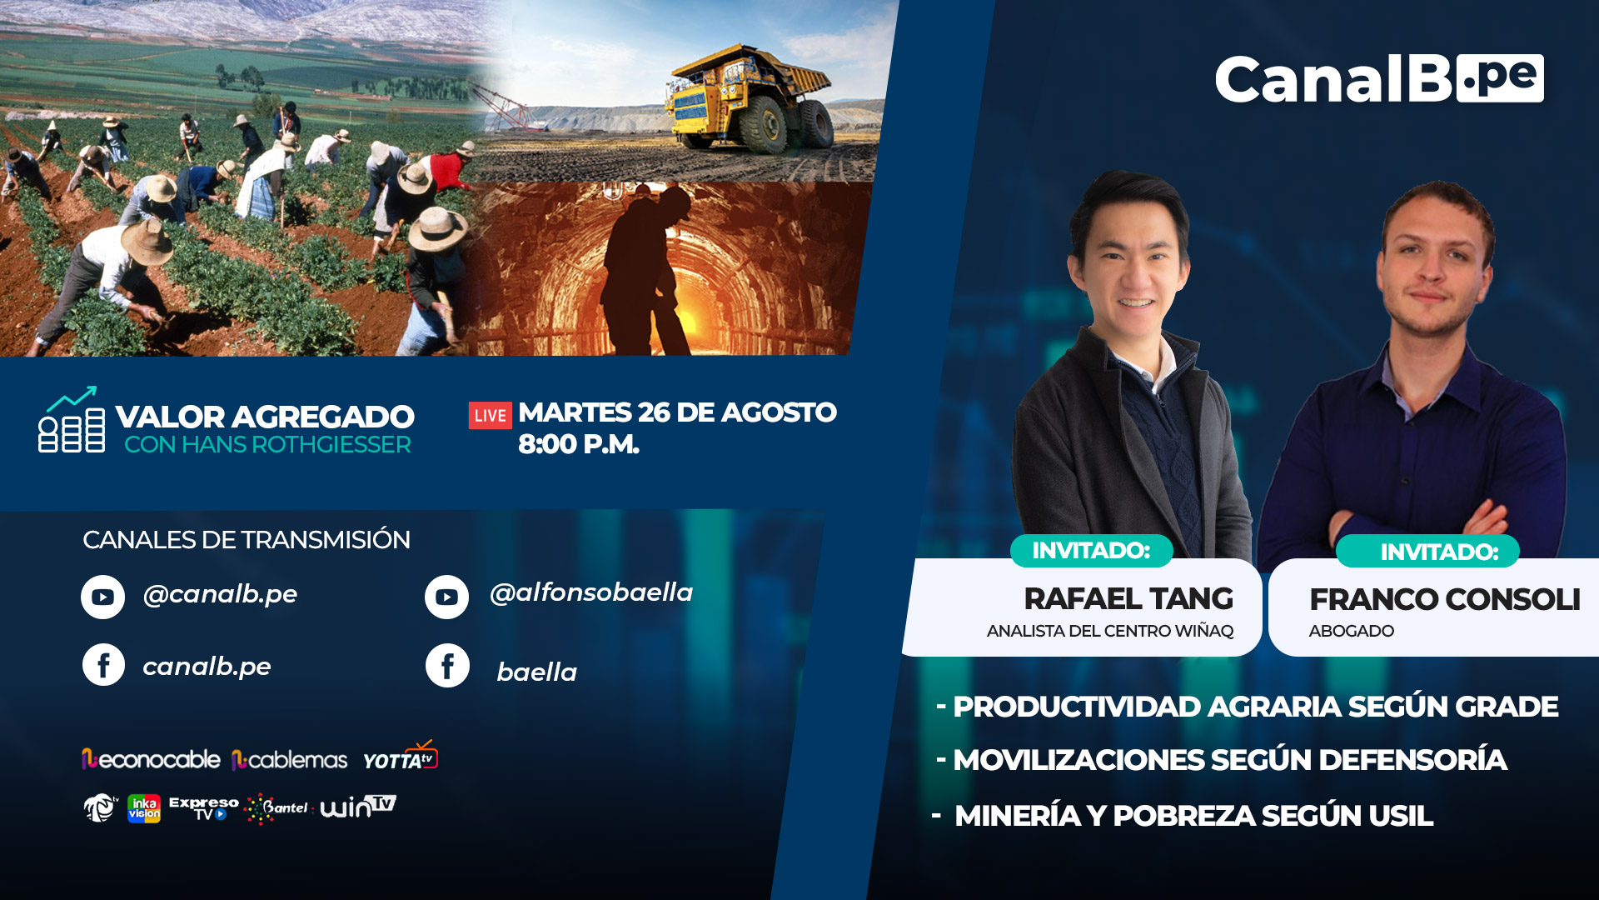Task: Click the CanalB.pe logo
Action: (x=1379, y=79)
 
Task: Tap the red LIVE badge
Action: (x=491, y=415)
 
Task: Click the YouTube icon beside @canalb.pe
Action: (x=102, y=597)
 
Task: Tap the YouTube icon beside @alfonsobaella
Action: (x=446, y=597)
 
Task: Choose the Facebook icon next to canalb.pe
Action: (x=103, y=665)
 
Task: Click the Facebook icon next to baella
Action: (x=447, y=665)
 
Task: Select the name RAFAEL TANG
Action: (x=1128, y=598)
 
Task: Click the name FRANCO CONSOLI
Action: (x=1445, y=599)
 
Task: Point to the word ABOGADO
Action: (x=1351, y=631)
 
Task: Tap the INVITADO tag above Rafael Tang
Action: (x=1091, y=550)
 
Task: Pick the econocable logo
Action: (x=151, y=759)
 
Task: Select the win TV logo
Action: (x=358, y=806)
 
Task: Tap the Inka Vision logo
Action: (x=144, y=808)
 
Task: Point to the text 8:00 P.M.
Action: (x=579, y=444)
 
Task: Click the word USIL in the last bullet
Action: (x=1400, y=816)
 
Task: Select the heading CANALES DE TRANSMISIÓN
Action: (x=247, y=539)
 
